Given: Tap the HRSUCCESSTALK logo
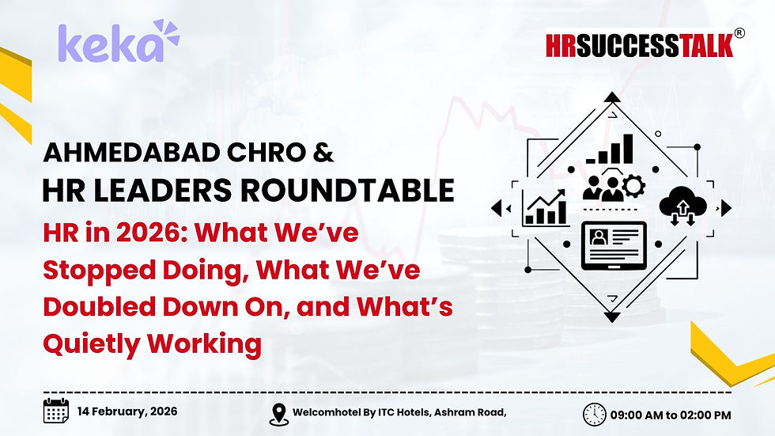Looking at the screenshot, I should (639, 44).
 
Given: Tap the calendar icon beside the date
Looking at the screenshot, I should (56, 411).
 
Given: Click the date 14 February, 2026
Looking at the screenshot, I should (127, 411).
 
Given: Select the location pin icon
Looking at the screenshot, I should (278, 414).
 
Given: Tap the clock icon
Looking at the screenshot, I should (594, 414).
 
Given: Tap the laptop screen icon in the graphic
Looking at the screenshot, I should (613, 245).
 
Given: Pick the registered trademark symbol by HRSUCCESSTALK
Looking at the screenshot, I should (739, 33).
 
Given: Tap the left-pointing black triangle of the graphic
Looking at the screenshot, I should (497, 208).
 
